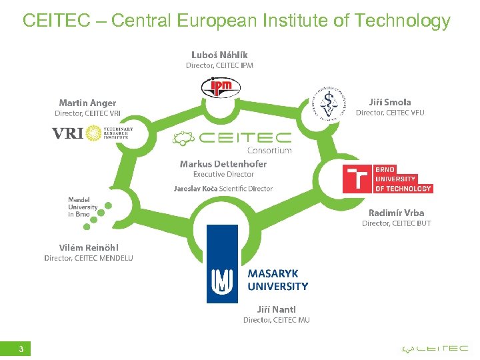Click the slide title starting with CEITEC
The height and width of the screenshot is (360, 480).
tap(237, 21)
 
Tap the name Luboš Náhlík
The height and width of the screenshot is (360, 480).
tap(219, 54)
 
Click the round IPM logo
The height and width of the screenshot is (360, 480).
tap(220, 87)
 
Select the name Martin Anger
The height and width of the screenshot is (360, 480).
tap(87, 103)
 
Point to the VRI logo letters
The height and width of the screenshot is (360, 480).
tap(67, 134)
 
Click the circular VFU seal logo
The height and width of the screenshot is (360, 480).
tap(327, 103)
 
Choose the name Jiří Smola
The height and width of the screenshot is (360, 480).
tap(390, 102)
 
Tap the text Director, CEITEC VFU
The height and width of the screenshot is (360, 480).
tap(390, 113)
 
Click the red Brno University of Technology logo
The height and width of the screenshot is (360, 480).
tap(387, 179)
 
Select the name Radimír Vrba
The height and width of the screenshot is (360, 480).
tap(396, 213)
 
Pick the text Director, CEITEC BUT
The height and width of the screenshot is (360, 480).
tap(396, 223)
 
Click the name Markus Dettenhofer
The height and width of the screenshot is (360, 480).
tap(223, 164)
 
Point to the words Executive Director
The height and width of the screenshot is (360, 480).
tap(223, 175)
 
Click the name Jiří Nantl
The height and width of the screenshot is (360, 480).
tap(276, 309)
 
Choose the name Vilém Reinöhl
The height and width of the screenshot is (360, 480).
tap(89, 247)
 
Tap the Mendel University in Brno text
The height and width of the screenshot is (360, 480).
tap(83, 207)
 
